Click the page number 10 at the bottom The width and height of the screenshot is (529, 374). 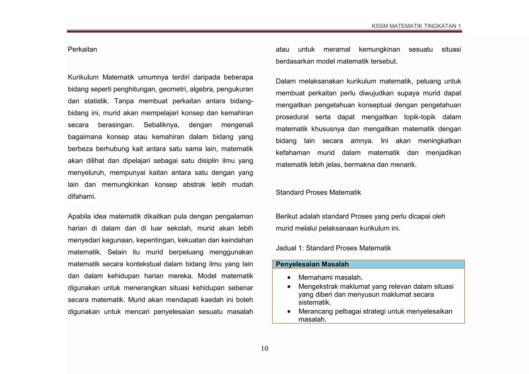point(264,348)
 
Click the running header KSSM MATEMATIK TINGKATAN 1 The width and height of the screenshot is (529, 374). point(416,26)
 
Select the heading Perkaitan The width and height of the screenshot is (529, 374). point(82,49)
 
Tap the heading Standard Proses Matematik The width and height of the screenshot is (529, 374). point(318,192)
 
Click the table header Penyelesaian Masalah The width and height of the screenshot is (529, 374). point(312,264)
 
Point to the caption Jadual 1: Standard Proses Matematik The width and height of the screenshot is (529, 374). point(333,248)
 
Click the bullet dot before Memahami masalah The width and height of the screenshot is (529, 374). point(289,278)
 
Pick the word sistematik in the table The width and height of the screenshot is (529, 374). point(314,302)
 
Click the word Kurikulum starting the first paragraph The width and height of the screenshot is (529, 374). point(83,77)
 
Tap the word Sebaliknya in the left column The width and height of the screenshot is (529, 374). point(161,125)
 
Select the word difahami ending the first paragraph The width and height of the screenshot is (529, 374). point(82,197)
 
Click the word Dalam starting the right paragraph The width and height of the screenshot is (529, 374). point(285,81)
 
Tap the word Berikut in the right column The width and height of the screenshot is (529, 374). point(286,216)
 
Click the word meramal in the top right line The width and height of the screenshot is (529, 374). point(337,49)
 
